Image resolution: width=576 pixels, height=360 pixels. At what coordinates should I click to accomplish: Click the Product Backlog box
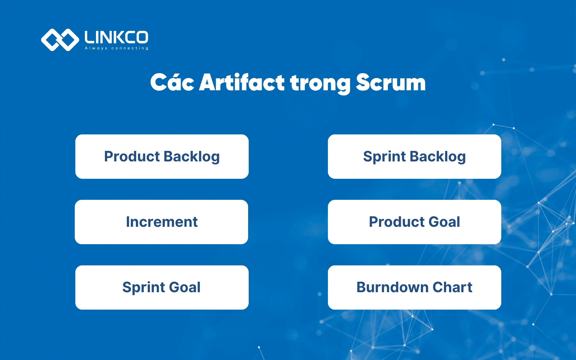point(162,157)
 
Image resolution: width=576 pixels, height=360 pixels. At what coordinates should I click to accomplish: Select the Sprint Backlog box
point(414,157)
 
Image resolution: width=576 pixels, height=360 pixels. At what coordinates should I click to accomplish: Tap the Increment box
point(161,222)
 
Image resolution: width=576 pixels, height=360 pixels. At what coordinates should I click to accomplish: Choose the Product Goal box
point(414,222)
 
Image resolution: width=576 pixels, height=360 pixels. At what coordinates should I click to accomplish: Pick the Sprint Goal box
point(162,287)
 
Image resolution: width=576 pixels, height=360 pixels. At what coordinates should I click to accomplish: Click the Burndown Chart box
point(414,287)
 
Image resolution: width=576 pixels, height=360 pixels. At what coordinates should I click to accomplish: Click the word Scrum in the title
point(391,82)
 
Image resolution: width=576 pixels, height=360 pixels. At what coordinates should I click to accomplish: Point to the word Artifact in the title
point(241,82)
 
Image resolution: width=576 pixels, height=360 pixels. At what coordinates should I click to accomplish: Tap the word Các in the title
point(172,82)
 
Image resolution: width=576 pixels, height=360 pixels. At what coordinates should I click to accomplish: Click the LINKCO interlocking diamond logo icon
point(60,40)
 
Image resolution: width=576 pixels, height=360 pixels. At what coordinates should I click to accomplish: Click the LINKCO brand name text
point(116,37)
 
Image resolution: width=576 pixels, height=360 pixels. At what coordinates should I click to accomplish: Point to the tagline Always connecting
point(116,48)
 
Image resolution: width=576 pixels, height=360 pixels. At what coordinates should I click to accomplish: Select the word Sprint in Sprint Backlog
point(384,157)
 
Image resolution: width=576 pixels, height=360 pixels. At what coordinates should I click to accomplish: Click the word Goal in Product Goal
point(444,222)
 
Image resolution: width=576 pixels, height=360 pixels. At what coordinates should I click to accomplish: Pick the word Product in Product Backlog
point(132,157)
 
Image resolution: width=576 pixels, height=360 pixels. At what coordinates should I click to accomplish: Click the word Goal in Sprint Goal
point(185,287)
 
